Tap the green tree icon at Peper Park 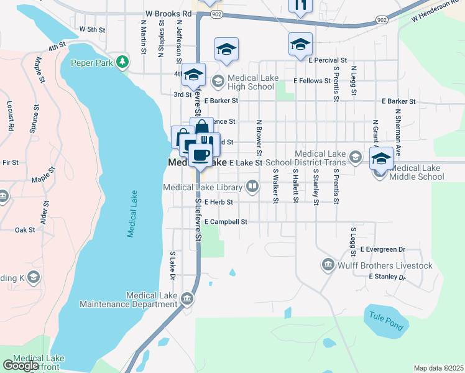tap(124, 62)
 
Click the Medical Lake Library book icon tap(252, 185)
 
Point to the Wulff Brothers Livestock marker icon tap(328, 265)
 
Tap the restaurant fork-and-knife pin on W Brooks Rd tap(302, 6)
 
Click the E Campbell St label tap(225, 221)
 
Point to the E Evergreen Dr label tap(382, 249)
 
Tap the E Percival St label tap(326, 60)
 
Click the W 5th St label tap(92, 29)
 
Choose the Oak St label tap(25, 230)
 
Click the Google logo tap(21, 365)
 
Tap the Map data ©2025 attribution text tap(438, 368)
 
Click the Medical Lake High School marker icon tap(218, 80)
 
